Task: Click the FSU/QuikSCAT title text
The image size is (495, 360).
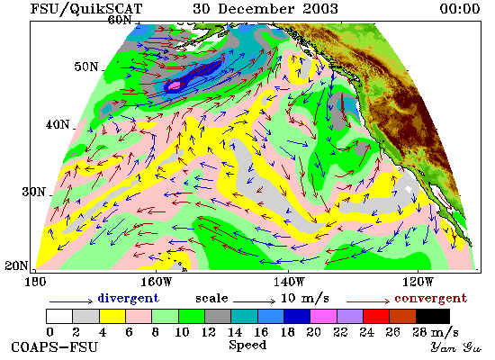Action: pos(86,9)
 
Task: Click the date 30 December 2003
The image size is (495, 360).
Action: pos(265,8)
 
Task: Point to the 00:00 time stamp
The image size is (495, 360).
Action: pos(460,8)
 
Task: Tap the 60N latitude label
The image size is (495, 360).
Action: pos(120,20)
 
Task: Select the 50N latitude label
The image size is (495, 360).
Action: pos(85,67)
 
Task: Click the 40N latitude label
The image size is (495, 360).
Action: pos(58,124)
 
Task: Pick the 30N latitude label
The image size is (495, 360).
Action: pos(33,192)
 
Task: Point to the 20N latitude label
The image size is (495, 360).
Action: pos(16,265)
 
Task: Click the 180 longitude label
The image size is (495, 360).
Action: pos(35,282)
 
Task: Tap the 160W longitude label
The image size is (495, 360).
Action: pos(157,282)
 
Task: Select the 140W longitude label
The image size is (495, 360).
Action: pos(289,282)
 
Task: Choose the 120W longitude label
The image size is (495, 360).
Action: pos(418,282)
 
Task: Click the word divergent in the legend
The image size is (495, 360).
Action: pos(128,298)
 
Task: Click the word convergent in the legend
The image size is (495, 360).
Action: pos(430,298)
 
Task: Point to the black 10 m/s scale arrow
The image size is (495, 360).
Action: pos(254,301)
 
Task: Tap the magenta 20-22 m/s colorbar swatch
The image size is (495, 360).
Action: pos(324,316)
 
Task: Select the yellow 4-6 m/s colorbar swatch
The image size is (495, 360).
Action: pos(112,316)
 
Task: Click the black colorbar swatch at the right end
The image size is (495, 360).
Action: pos(433,316)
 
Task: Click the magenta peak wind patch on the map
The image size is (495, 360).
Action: pos(175,85)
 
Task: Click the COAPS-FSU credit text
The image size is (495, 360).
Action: pos(54,347)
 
